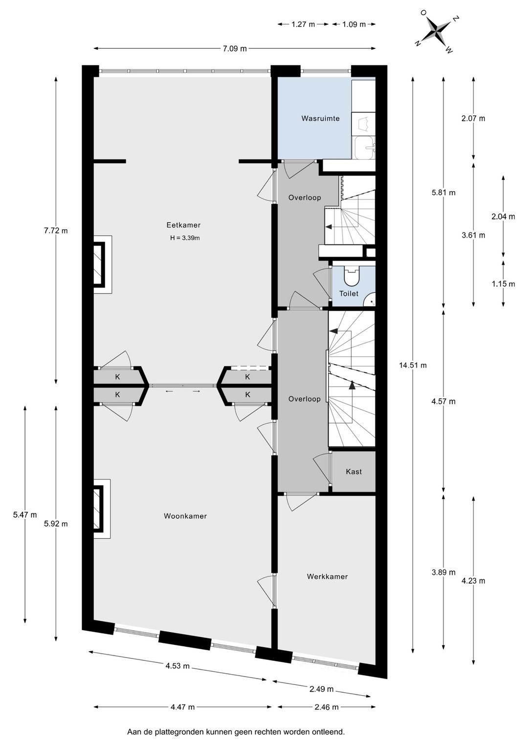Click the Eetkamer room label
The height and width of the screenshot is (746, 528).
[183, 225]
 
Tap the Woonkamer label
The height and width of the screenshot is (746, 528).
[185, 516]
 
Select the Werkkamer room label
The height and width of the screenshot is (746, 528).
[327, 576]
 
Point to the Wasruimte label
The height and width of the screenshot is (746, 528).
[320, 118]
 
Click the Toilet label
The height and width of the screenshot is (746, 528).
[349, 293]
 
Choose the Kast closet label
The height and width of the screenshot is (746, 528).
[353, 472]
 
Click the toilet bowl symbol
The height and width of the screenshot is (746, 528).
[352, 276]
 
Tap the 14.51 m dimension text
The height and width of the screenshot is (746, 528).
[413, 365]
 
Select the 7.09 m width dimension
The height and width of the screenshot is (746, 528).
[235, 48]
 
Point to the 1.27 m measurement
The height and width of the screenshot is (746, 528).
[303, 24]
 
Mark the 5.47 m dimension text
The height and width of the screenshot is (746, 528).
[25, 515]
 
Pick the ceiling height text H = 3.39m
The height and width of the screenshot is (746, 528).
[185, 238]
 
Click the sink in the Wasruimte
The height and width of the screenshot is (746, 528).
[365, 148]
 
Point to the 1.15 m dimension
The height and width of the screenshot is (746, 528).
[503, 284]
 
